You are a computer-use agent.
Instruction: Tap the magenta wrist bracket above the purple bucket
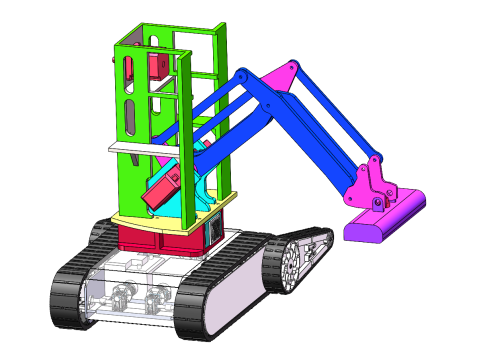coord(367,184)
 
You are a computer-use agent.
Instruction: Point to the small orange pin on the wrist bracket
coord(377,202)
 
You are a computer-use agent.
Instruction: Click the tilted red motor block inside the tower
coord(162,190)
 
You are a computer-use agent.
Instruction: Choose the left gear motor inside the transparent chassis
coord(121,295)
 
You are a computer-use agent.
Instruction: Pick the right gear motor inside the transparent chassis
coord(156,299)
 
